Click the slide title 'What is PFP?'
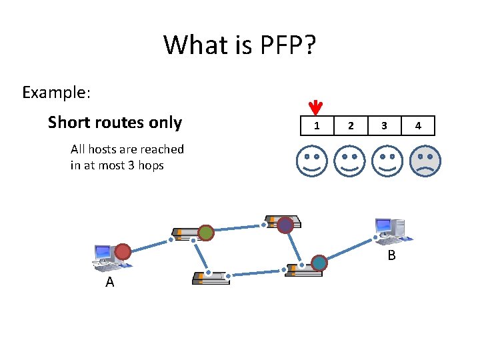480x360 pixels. click(240, 46)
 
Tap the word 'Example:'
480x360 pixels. click(56, 92)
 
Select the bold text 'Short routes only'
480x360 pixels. click(115, 123)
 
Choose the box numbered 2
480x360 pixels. click(351, 125)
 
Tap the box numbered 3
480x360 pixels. click(384, 125)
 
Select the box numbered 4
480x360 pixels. click(418, 125)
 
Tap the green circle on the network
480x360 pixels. click(206, 233)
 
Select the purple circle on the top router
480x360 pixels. click(285, 225)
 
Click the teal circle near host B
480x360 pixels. click(319, 263)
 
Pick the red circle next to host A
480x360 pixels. click(123, 251)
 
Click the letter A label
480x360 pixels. click(110, 283)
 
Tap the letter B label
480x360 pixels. click(392, 256)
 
